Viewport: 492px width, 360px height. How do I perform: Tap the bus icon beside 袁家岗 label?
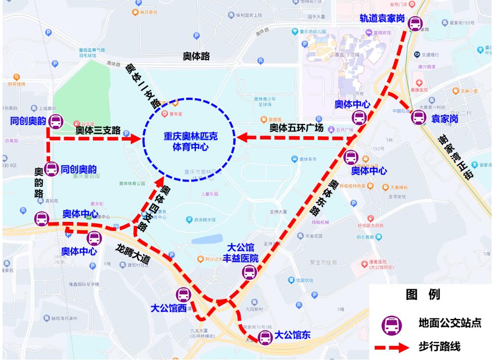click(418, 117)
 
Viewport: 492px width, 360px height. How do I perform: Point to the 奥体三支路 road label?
click(98, 129)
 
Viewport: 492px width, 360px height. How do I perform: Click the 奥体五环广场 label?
click(296, 128)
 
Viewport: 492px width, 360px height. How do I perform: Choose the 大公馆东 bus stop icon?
click(264, 337)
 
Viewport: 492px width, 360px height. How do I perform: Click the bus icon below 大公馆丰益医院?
click(249, 272)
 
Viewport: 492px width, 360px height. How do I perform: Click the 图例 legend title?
click(423, 294)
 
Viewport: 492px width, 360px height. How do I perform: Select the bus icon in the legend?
click(392, 324)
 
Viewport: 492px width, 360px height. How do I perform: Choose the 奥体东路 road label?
click(325, 196)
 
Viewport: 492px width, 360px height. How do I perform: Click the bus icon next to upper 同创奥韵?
click(55, 122)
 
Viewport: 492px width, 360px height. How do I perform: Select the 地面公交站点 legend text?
click(450, 323)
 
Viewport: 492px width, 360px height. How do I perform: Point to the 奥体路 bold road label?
click(196, 56)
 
